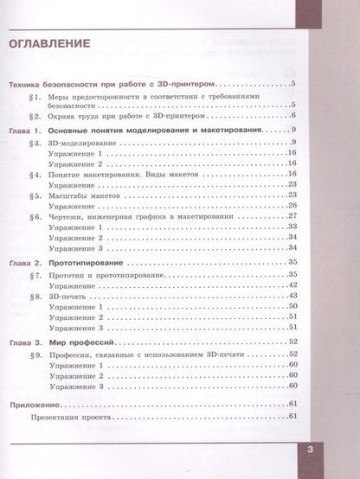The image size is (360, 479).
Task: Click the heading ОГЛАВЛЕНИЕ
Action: pyautogui.click(x=50, y=42)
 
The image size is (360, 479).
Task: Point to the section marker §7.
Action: pyautogui.click(x=35, y=273)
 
